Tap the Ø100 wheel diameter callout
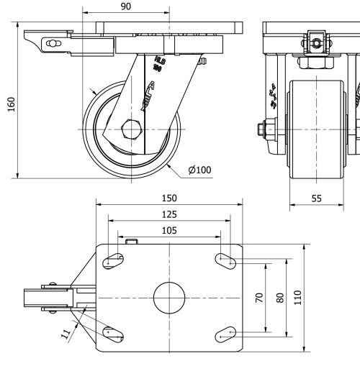tap(199, 170)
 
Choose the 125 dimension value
tap(170, 214)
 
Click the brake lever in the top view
tap(40, 297)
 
